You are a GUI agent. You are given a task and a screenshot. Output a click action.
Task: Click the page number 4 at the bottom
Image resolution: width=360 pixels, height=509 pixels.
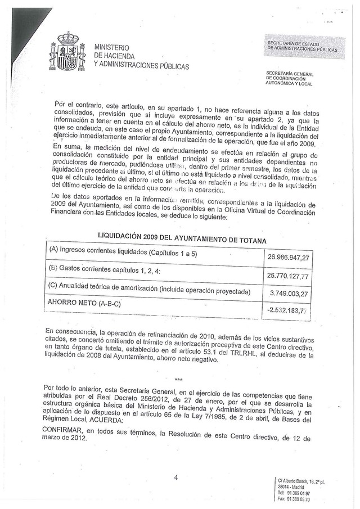click(175, 478)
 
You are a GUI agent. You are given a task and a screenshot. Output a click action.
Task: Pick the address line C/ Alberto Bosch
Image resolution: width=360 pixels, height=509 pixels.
click(301, 481)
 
